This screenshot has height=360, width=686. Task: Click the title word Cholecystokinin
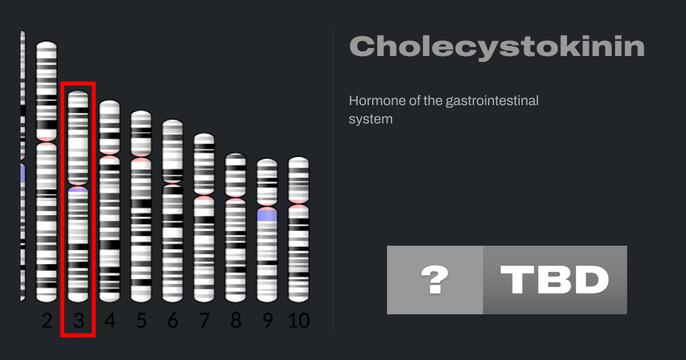coord(497,47)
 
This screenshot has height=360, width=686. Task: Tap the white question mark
coord(435,279)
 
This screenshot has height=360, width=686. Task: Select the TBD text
coord(555,279)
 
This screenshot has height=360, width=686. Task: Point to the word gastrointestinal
coord(492,101)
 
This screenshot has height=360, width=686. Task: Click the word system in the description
coord(370,119)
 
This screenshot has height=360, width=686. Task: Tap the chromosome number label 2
coord(47,321)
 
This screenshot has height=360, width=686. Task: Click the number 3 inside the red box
coord(79,321)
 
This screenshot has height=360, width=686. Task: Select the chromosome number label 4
coord(110,321)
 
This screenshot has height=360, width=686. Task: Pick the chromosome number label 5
coord(141,321)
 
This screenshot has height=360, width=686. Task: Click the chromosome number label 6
coord(173,321)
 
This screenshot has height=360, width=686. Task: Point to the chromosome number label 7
coord(204,321)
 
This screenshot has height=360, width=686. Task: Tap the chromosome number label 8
coord(236,321)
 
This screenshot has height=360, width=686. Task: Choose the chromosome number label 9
coord(268,321)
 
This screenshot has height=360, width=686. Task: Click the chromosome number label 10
coord(299,321)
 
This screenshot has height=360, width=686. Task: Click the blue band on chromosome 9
coord(267,215)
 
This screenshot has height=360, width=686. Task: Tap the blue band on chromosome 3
coord(78,190)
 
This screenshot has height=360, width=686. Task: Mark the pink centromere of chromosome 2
coord(46,142)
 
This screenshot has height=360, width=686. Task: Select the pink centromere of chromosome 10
coord(298,204)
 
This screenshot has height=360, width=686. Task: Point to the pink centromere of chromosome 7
coord(204,195)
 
